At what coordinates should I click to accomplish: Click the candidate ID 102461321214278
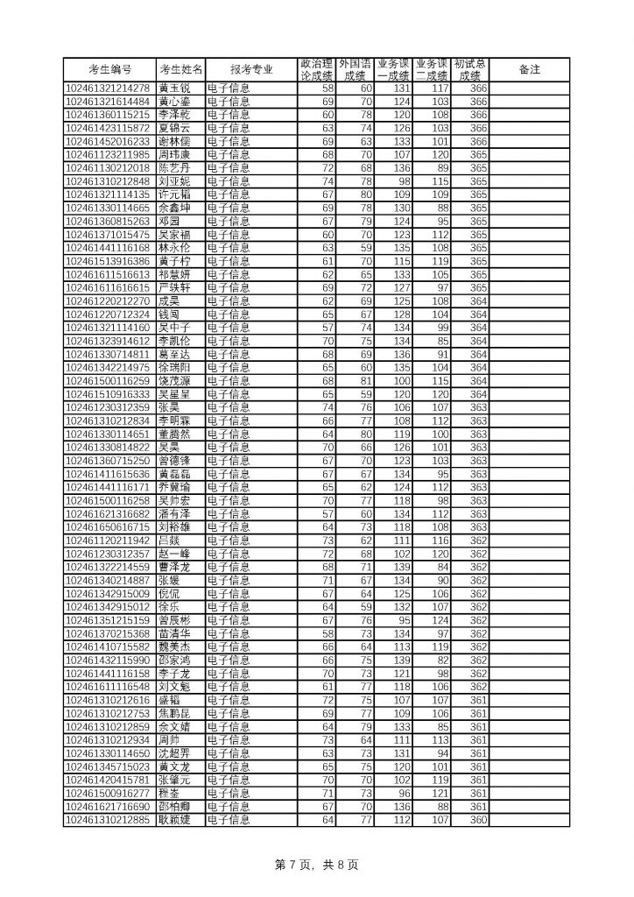coord(109,88)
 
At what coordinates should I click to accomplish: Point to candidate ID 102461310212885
coord(109,820)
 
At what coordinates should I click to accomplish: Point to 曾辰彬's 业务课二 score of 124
coord(440,619)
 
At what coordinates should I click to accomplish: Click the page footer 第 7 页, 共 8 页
coord(317,865)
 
